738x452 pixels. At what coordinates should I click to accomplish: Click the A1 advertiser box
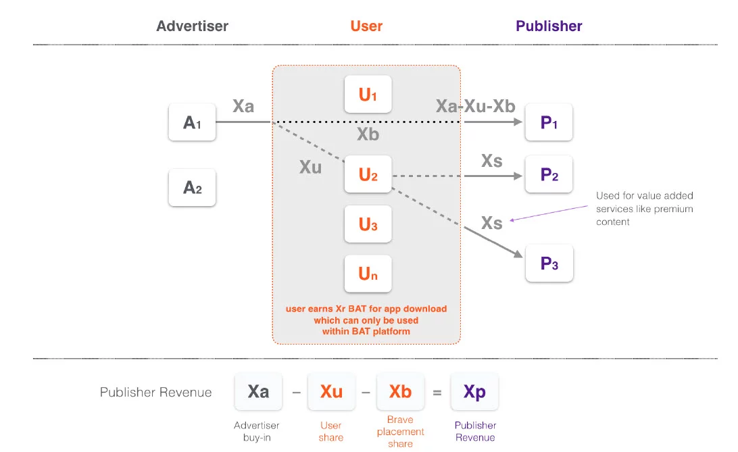click(x=193, y=122)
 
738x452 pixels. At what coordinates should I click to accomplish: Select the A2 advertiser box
click(x=193, y=187)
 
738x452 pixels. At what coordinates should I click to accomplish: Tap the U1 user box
click(x=368, y=95)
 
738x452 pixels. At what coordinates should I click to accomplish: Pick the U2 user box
click(x=368, y=175)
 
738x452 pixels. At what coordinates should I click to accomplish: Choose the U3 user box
click(x=368, y=224)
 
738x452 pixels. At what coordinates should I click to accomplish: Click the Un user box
click(x=368, y=274)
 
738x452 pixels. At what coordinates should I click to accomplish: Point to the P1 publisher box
click(x=549, y=122)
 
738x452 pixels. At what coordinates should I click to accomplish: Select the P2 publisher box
click(x=549, y=174)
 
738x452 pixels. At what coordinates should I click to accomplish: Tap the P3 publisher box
click(x=549, y=263)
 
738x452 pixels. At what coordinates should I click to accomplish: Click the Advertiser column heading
click(x=193, y=26)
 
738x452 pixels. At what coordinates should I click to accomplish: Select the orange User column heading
click(x=366, y=26)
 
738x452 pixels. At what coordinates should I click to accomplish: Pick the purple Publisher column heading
click(x=549, y=26)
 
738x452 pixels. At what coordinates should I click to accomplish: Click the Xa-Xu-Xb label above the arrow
click(x=476, y=106)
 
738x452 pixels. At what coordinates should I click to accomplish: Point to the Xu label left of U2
click(x=310, y=167)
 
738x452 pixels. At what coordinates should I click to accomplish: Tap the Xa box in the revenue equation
click(x=258, y=392)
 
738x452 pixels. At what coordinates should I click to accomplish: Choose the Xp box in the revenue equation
click(x=474, y=392)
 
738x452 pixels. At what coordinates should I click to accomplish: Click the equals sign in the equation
click(x=437, y=392)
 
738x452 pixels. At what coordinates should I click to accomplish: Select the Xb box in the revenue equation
click(x=400, y=392)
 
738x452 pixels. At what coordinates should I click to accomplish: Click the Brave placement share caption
click(x=400, y=432)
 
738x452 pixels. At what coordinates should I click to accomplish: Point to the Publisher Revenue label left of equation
click(x=156, y=393)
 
